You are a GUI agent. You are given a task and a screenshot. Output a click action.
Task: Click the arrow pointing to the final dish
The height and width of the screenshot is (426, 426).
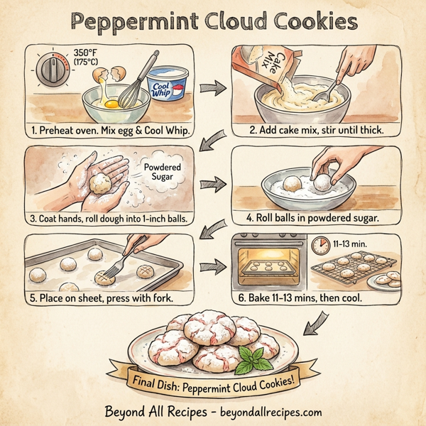[x=314, y=325]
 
